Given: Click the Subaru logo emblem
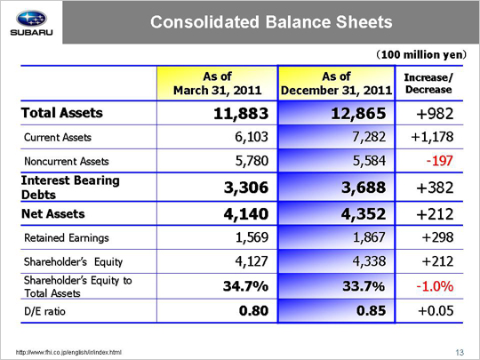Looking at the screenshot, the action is click(x=31, y=19).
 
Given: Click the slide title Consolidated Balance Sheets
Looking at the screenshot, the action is click(x=271, y=22).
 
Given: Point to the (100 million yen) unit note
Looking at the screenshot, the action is click(x=421, y=55).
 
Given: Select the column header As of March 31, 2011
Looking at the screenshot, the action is click(x=218, y=84).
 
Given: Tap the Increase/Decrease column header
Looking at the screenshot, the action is click(x=428, y=84).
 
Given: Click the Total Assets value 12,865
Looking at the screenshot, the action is click(x=358, y=114).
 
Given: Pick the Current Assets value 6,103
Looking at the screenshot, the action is click(x=252, y=137).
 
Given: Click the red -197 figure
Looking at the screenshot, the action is click(x=440, y=161).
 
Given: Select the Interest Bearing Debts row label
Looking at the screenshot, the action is click(x=70, y=188).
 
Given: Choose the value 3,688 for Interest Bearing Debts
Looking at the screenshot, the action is click(x=364, y=188).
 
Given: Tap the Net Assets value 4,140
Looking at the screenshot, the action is click(x=246, y=213).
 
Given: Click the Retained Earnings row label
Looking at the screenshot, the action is click(x=67, y=238).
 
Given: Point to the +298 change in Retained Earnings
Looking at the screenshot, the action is click(x=437, y=237).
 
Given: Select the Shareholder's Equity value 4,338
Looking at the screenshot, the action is click(x=369, y=261).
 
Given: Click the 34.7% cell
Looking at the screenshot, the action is click(x=245, y=286).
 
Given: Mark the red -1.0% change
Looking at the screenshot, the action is click(x=435, y=286).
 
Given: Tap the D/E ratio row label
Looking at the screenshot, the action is click(x=44, y=311).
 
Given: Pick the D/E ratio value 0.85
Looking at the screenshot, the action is click(x=371, y=311).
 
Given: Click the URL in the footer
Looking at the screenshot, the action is click(x=68, y=352).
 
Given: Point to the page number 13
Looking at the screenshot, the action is click(x=460, y=353).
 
